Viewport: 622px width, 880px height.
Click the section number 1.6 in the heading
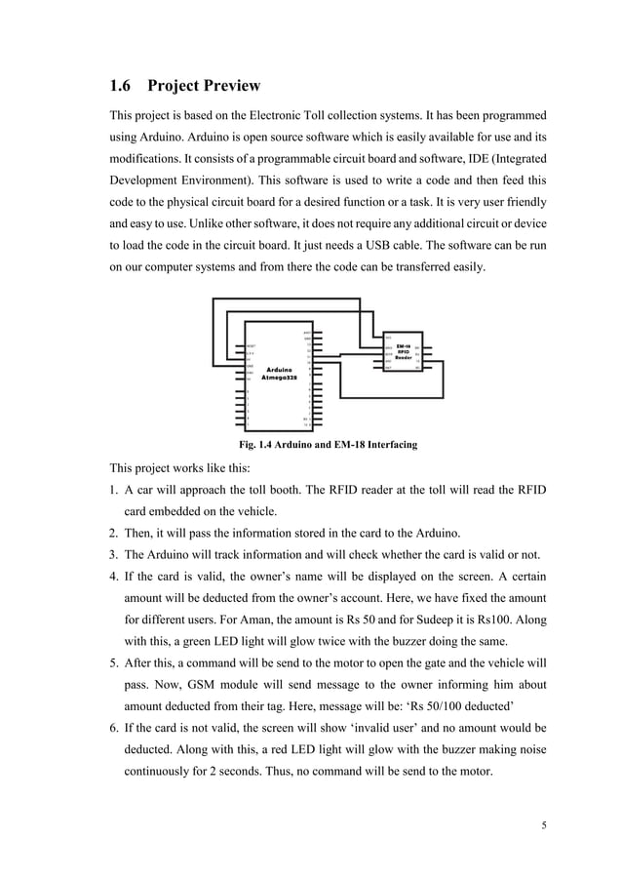(123, 86)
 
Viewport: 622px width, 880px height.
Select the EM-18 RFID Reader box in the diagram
(401, 351)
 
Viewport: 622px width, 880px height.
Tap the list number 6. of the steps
(114, 727)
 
